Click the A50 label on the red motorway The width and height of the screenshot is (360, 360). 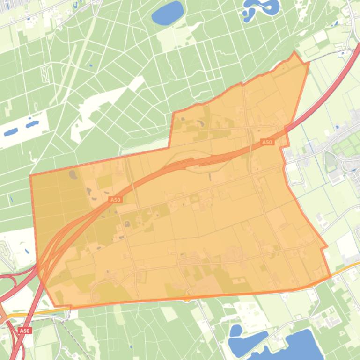click(x=25, y=331)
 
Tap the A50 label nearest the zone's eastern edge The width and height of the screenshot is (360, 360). click(x=267, y=142)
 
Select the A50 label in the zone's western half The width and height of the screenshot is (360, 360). click(x=115, y=200)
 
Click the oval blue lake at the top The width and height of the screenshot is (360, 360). click(x=167, y=13)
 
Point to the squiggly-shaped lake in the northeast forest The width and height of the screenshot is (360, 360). click(x=260, y=9)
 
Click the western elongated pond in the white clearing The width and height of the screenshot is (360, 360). click(x=11, y=132)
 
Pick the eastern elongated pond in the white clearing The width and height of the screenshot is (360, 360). click(x=32, y=124)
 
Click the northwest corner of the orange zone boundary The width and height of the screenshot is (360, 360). click(x=30, y=176)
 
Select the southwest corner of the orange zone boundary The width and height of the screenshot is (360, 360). click(x=54, y=307)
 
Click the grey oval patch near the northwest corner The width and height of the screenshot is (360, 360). click(x=73, y=174)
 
